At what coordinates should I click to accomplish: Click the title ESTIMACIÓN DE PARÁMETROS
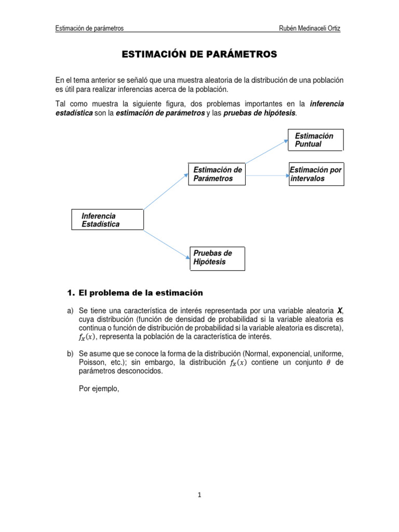tap(199, 54)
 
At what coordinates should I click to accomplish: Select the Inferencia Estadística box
tap(107, 220)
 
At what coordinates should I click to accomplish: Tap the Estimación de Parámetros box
tap(217, 174)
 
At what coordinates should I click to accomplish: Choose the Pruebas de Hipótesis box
tap(217, 258)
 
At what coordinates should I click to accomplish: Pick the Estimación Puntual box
tap(315, 140)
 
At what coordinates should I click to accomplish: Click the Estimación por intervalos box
tap(315, 174)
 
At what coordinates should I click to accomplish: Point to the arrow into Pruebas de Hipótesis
tap(166, 244)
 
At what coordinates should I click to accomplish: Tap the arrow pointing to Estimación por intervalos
tap(267, 177)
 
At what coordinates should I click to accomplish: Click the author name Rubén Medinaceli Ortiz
tap(310, 28)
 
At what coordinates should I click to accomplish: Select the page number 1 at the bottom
tap(199, 495)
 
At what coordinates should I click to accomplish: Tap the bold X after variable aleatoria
tap(340, 310)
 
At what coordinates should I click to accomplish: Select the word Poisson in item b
tap(90, 363)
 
